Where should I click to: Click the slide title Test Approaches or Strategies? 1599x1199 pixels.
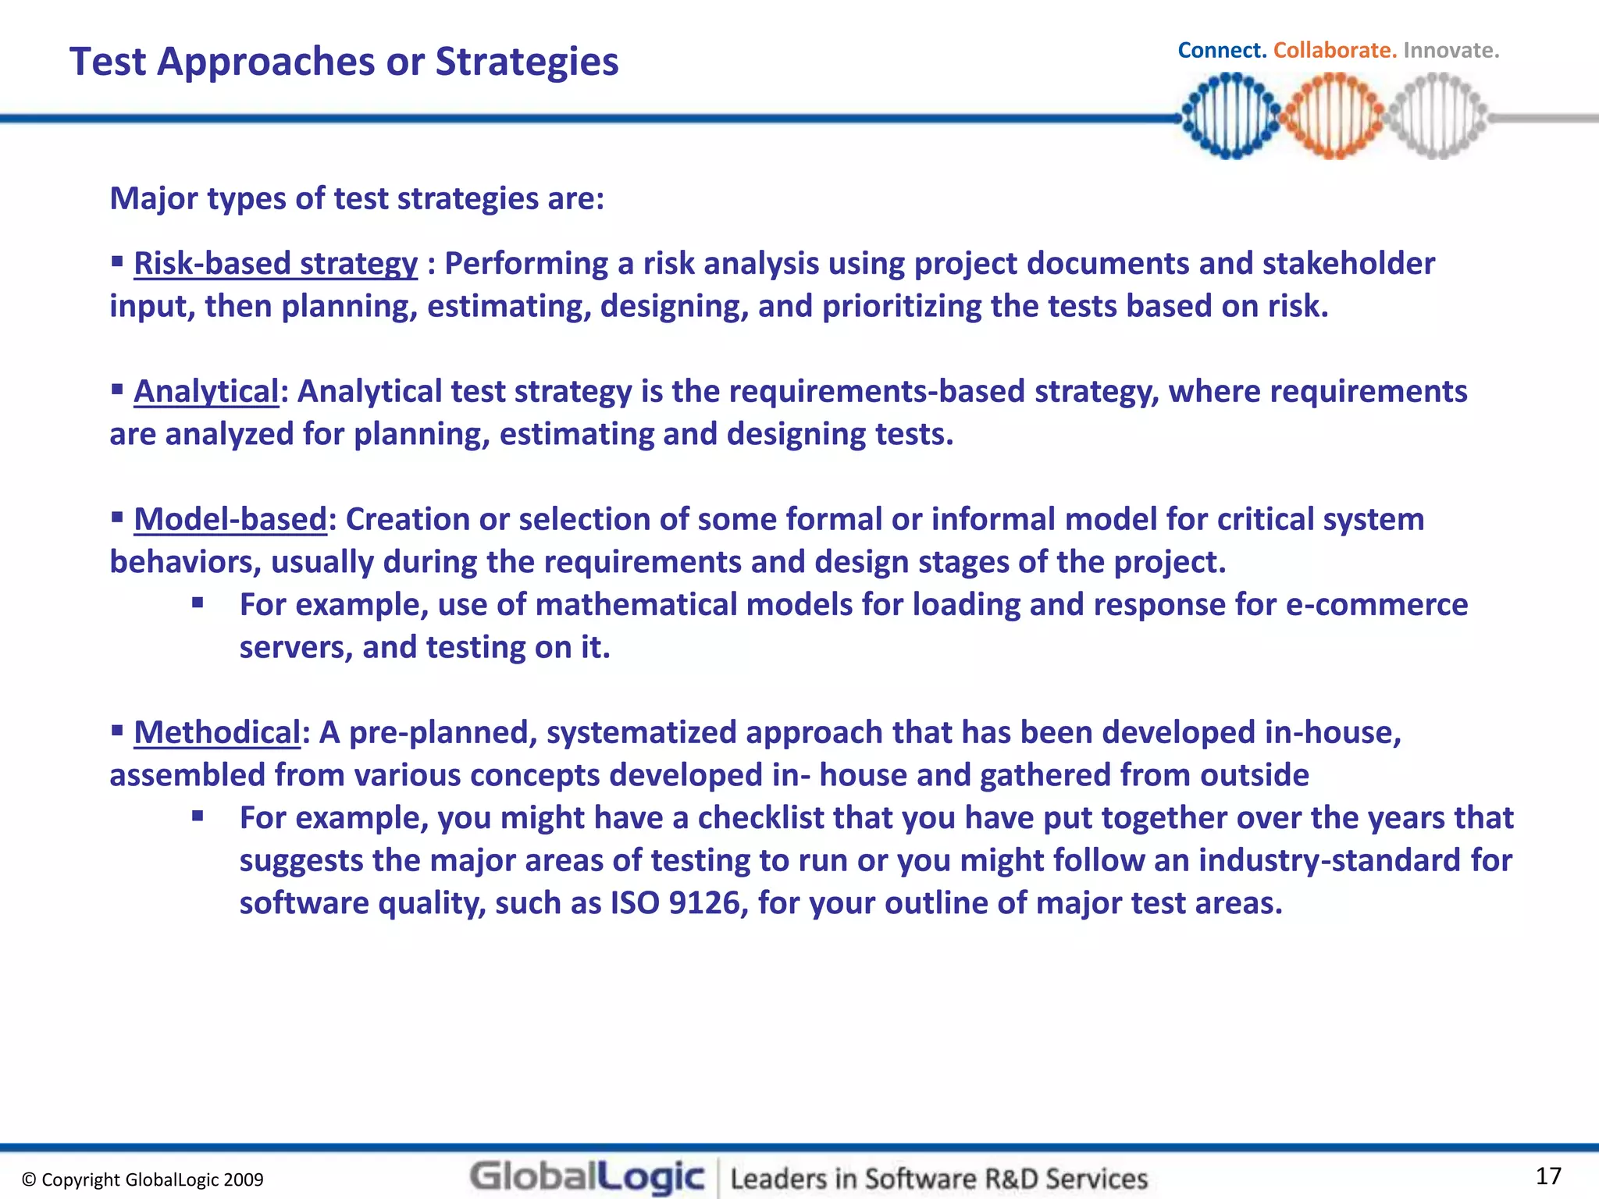(344, 62)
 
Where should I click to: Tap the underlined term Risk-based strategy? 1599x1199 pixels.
(276, 264)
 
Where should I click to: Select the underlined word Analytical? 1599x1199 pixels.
(206, 392)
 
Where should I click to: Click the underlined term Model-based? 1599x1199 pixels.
(230, 520)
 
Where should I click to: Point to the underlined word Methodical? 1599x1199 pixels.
(217, 733)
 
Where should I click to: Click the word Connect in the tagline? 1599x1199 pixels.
(1221, 51)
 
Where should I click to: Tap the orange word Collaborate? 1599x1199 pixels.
(1334, 51)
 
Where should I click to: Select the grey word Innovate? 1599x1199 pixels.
(1451, 51)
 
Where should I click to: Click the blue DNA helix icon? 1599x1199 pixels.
(1231, 116)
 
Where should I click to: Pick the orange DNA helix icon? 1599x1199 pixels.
(1334, 116)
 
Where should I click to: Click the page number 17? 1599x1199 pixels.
(1548, 1176)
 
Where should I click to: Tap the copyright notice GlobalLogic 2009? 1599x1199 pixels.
(143, 1179)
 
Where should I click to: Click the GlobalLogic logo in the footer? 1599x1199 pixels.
(587, 1177)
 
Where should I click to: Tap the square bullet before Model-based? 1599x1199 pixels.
(117, 516)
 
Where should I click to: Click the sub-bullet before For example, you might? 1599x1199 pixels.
(198, 816)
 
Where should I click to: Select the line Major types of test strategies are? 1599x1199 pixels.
(357, 198)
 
